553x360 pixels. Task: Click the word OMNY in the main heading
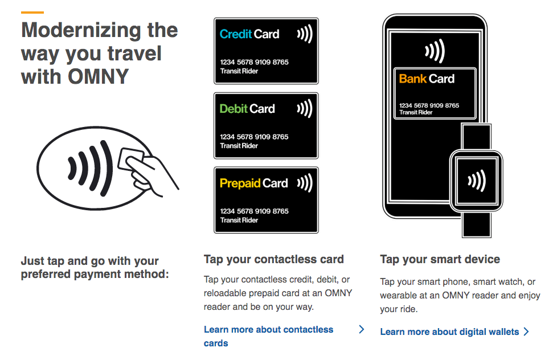(98, 76)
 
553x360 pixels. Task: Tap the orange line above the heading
(32, 13)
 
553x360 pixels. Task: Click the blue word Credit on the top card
(236, 34)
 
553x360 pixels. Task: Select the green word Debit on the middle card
(234, 109)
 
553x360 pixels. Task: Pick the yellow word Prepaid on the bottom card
(240, 183)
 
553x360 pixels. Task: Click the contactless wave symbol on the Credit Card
(305, 34)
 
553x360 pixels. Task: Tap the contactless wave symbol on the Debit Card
(305, 108)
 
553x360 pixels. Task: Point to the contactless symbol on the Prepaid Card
(305, 183)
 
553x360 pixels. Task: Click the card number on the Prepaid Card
(254, 211)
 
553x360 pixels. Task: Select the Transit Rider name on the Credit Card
(239, 71)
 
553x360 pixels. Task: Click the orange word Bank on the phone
(413, 79)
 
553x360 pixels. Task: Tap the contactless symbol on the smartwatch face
(477, 181)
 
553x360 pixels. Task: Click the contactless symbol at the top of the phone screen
(435, 51)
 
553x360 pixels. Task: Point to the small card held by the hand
(130, 159)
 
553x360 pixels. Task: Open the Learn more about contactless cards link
(268, 336)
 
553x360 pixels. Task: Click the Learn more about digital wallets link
(450, 332)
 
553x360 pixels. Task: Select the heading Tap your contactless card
(274, 259)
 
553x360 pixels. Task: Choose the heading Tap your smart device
(440, 259)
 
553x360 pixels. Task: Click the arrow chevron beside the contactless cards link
(362, 329)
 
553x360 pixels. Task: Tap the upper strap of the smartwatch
(476, 137)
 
